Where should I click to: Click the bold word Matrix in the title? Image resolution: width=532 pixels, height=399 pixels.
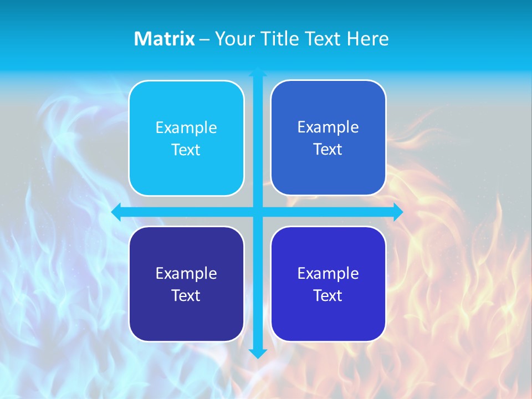pos(164,39)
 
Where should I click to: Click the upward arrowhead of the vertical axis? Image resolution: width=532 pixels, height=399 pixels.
pos(258,72)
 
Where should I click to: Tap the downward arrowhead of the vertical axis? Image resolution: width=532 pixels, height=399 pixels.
pos(258,354)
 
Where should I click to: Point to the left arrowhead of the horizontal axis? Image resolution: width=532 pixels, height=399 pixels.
pos(116,212)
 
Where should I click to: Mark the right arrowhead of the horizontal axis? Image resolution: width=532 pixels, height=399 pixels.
pos(398,212)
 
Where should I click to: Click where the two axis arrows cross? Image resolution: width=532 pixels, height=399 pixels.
pos(258,212)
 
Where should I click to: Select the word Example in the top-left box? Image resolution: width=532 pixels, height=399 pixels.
pos(186,128)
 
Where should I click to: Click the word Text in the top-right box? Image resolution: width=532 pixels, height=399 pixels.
pos(328,150)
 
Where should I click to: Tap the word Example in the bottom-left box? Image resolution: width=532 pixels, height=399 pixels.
pos(186,274)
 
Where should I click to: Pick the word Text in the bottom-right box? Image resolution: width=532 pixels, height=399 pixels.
pos(328,296)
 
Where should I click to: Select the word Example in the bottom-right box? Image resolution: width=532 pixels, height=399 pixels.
pos(328,274)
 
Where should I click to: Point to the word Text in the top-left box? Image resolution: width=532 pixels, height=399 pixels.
pos(186,150)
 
